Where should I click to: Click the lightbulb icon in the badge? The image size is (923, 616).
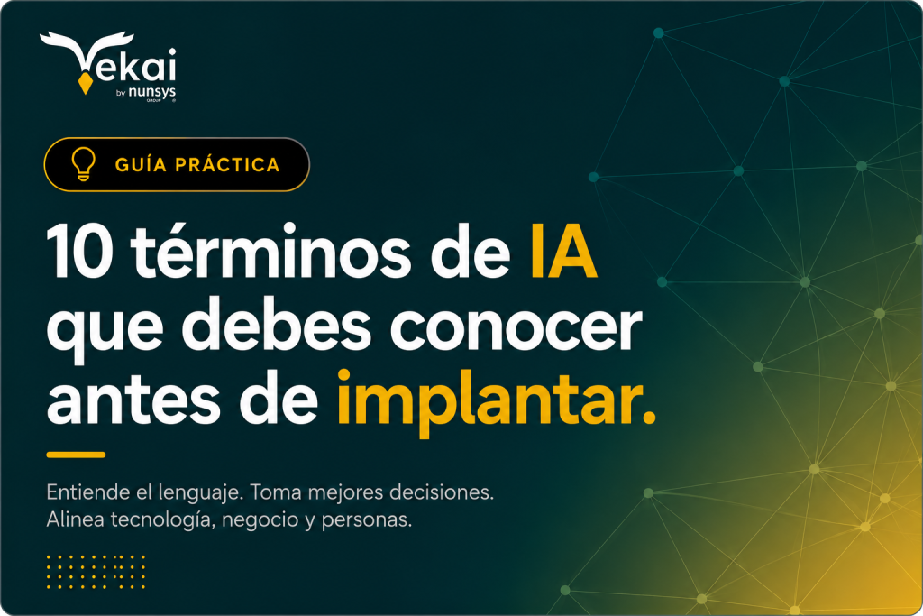[83, 164]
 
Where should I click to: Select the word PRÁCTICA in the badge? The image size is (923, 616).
[227, 164]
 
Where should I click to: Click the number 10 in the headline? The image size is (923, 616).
[79, 252]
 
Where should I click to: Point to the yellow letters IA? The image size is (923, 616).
[564, 252]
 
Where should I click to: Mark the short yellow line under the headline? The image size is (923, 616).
[76, 455]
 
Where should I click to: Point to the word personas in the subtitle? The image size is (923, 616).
[366, 520]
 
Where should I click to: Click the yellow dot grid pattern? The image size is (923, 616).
[96, 571]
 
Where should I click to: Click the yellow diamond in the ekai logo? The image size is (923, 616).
[85, 84]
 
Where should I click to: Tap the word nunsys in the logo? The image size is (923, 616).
[151, 92]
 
